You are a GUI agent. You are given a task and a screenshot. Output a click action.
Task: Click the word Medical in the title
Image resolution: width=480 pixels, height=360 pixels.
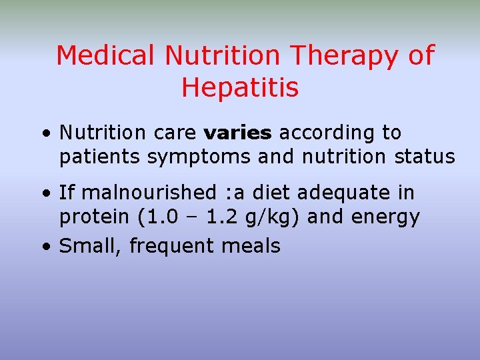pos(107,55)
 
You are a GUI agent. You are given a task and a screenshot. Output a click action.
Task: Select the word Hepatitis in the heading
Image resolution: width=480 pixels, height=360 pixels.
pos(240,87)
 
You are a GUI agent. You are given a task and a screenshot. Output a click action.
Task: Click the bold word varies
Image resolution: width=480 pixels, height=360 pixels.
pos(238,133)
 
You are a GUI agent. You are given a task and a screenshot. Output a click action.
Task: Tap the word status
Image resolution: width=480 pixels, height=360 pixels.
pos(425,157)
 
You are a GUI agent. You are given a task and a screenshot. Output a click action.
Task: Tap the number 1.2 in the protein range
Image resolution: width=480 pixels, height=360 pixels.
pos(235,217)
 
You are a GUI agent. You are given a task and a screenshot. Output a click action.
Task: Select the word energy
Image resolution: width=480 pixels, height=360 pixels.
pos(387,218)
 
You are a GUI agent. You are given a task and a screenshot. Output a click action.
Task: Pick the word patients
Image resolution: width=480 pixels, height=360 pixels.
pos(100,158)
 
